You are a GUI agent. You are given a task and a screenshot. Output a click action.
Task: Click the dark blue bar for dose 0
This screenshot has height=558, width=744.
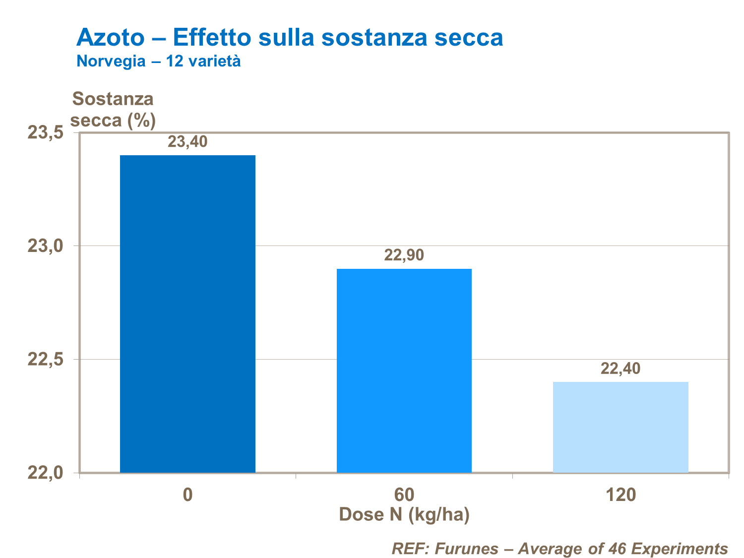point(187,313)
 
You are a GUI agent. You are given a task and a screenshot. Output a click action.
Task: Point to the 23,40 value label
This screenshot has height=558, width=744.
point(187,142)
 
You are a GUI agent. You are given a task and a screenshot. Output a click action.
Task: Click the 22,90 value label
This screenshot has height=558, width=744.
point(404,255)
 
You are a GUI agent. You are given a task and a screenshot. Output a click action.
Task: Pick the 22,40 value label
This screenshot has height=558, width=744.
point(620,369)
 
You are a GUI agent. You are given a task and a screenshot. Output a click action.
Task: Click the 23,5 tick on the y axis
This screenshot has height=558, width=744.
point(45,133)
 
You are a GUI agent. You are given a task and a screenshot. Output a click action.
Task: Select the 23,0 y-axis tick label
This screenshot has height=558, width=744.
point(45,246)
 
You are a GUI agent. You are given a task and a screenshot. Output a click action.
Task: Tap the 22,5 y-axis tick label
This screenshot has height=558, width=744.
point(45,359)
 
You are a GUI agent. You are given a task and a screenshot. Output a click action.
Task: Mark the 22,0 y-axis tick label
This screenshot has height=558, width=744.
point(45,472)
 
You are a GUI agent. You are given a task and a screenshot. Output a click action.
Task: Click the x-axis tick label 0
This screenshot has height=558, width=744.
point(187,495)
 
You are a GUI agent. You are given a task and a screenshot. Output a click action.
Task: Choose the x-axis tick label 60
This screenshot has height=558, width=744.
point(404,495)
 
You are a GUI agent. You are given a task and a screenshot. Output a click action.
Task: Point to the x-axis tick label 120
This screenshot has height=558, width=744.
point(620,495)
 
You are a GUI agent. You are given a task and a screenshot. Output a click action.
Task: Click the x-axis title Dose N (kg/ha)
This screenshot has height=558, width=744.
point(404,515)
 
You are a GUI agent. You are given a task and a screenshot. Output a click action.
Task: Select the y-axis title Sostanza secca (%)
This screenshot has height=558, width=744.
point(113,110)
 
